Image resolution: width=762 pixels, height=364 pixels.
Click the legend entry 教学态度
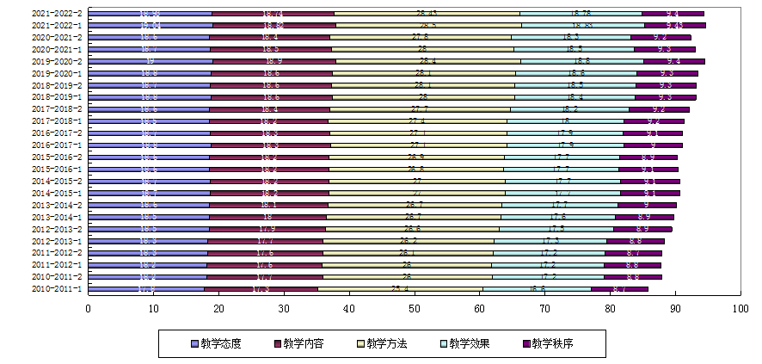[216, 343]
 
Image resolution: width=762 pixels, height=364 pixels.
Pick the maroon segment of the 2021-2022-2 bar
[273, 14]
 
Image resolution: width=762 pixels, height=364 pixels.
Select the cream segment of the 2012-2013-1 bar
[408, 242]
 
